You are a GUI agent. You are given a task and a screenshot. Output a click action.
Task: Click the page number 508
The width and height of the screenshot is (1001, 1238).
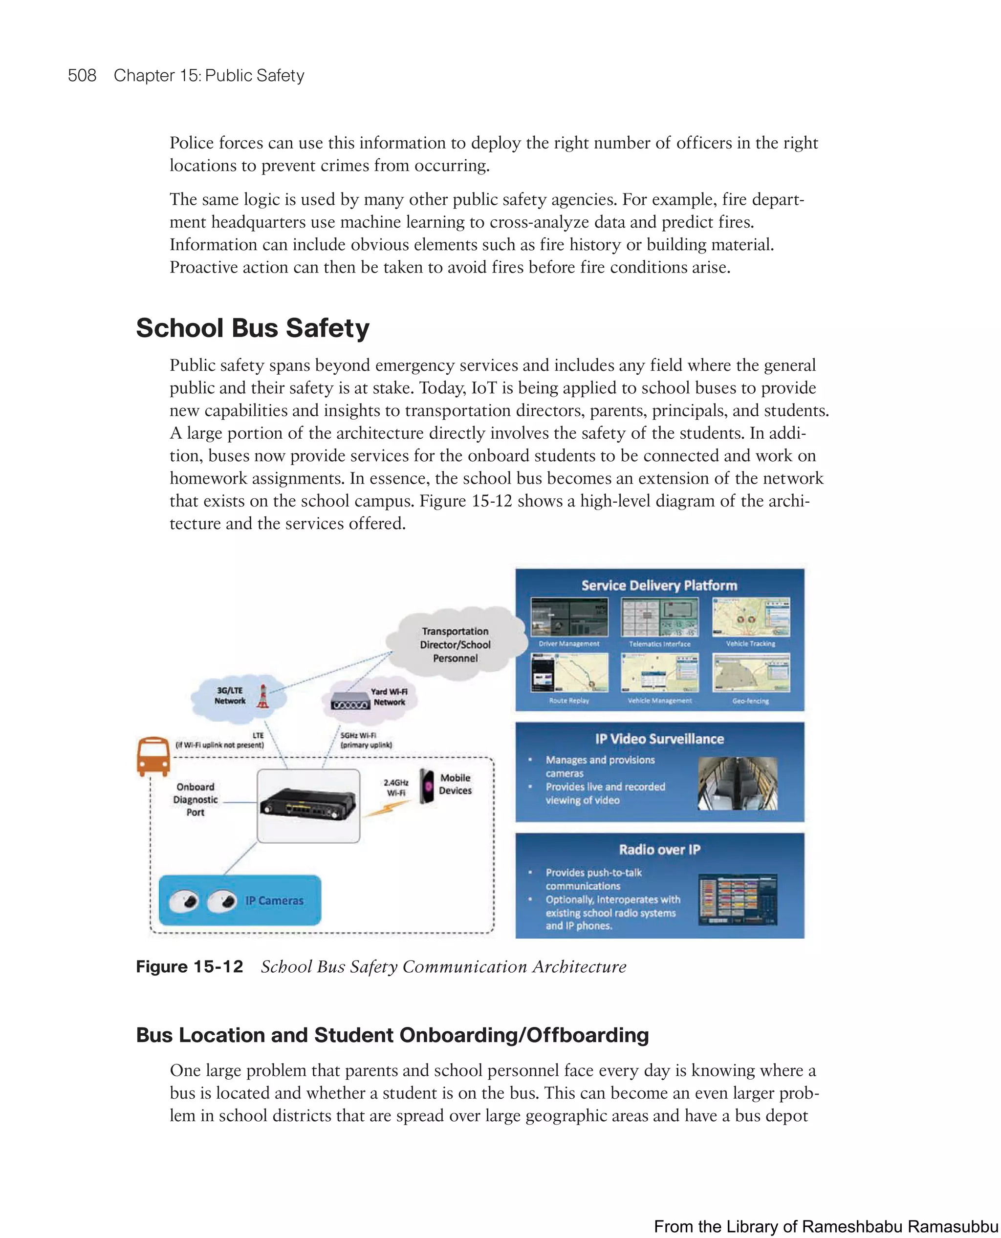point(82,76)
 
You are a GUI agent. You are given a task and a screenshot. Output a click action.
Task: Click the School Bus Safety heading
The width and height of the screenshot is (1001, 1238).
point(253,328)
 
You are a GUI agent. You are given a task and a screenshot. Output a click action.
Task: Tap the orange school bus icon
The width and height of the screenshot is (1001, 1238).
point(153,756)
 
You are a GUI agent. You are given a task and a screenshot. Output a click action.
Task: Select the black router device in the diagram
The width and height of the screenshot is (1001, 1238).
point(308,805)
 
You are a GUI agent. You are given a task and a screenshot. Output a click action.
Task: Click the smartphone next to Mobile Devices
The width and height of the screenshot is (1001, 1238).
point(427,785)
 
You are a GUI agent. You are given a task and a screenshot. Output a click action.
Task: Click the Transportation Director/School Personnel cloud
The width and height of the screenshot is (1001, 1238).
point(455,644)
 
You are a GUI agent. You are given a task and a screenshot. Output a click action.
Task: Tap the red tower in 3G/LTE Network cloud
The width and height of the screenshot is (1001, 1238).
point(263,696)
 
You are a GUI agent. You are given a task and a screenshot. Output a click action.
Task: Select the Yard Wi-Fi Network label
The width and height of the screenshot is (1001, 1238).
point(389,697)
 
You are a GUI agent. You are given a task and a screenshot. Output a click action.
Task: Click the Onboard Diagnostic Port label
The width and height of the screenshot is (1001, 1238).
point(196,799)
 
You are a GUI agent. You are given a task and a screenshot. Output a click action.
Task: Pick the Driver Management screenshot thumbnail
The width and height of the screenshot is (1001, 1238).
point(568,617)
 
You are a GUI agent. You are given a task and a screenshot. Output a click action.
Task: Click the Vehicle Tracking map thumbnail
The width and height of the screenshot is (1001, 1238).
point(751,617)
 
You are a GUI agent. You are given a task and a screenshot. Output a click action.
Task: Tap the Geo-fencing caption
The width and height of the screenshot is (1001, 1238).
point(750,701)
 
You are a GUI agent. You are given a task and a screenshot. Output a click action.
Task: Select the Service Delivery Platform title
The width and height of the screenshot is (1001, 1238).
point(659,586)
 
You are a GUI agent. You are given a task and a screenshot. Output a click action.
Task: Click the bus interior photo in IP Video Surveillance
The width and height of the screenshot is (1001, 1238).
point(738,783)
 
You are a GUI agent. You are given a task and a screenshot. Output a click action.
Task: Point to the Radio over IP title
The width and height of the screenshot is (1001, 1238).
point(659,850)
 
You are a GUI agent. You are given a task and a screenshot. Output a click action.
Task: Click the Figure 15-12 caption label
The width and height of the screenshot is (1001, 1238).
point(189,966)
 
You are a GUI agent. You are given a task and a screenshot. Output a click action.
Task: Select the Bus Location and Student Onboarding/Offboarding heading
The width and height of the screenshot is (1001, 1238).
point(392,1035)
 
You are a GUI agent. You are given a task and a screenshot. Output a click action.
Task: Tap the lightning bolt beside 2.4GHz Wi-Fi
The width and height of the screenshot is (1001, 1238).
point(381,809)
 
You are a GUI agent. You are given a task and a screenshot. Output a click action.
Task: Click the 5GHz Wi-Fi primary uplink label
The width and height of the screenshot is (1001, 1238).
point(366,740)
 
